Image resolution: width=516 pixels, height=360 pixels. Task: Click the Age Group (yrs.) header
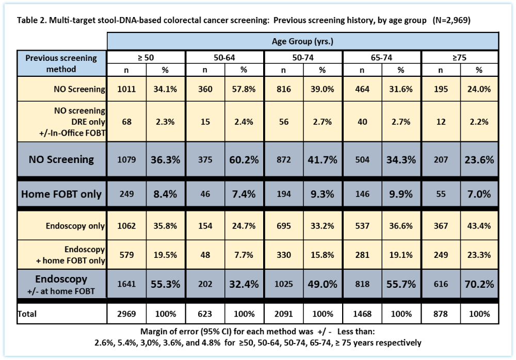coord(303,40)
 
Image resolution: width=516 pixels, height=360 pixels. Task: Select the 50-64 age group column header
coord(224,58)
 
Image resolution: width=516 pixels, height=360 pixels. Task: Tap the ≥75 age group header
coord(459,58)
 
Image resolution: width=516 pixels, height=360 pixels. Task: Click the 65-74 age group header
coord(382,58)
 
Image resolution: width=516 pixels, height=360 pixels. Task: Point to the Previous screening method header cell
coord(61,63)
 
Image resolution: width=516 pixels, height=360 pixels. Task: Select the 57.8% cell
coord(244,89)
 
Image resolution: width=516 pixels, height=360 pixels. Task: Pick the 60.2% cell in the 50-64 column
coord(244,160)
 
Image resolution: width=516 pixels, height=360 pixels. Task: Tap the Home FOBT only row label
coord(61,194)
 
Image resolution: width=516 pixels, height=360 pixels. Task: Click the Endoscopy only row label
coord(75,226)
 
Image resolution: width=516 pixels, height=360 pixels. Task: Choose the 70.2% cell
coord(479,284)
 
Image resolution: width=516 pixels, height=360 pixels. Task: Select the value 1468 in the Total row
coord(362,314)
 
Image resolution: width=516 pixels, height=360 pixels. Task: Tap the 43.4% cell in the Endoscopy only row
coord(479,226)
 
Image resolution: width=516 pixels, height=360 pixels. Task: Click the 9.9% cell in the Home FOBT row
coord(401,194)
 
